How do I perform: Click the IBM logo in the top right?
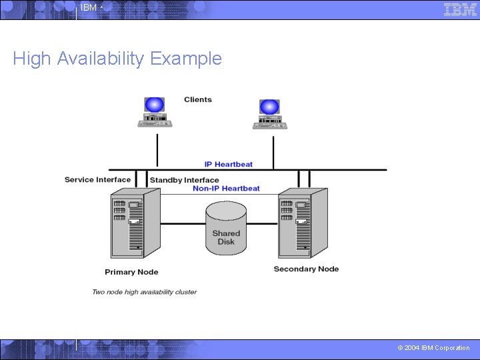pyautogui.click(x=460, y=9)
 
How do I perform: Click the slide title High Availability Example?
pyautogui.click(x=117, y=59)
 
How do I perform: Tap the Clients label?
pyautogui.click(x=198, y=100)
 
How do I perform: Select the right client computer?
pyautogui.click(x=269, y=114)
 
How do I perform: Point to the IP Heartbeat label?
pyautogui.click(x=229, y=164)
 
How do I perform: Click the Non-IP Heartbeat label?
pyautogui.click(x=226, y=189)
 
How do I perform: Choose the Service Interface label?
pyautogui.click(x=97, y=179)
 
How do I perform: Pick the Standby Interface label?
pyautogui.click(x=184, y=180)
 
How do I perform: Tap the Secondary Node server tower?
pyautogui.click(x=303, y=222)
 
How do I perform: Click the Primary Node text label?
pyautogui.click(x=131, y=272)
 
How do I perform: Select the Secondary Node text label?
pyautogui.click(x=306, y=269)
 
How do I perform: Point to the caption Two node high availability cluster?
pyautogui.click(x=144, y=292)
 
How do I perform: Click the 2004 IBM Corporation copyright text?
pyautogui.click(x=433, y=348)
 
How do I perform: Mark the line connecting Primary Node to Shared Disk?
pyautogui.click(x=183, y=224)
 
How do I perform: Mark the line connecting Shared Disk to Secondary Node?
pyautogui.click(x=262, y=224)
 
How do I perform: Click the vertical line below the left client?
pyautogui.click(x=157, y=149)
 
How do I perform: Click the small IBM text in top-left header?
pyautogui.click(x=89, y=8)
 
